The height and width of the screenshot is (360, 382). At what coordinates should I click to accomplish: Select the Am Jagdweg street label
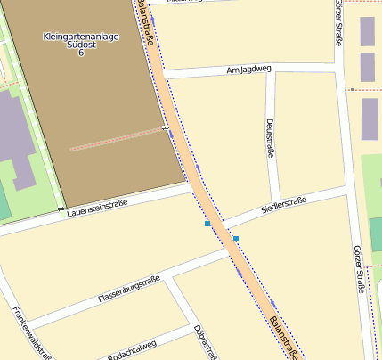click(x=248, y=69)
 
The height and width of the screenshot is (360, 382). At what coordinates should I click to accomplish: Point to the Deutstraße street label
click(x=268, y=138)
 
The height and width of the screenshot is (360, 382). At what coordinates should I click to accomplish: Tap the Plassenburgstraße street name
click(x=129, y=289)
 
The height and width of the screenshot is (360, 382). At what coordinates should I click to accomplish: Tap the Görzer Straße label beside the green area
click(x=358, y=268)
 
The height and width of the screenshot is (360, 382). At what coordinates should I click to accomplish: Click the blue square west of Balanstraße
click(x=207, y=224)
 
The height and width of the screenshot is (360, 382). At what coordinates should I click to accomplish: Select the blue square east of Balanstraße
click(x=236, y=239)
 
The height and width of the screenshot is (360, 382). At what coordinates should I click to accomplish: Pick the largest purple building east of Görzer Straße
click(x=369, y=119)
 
